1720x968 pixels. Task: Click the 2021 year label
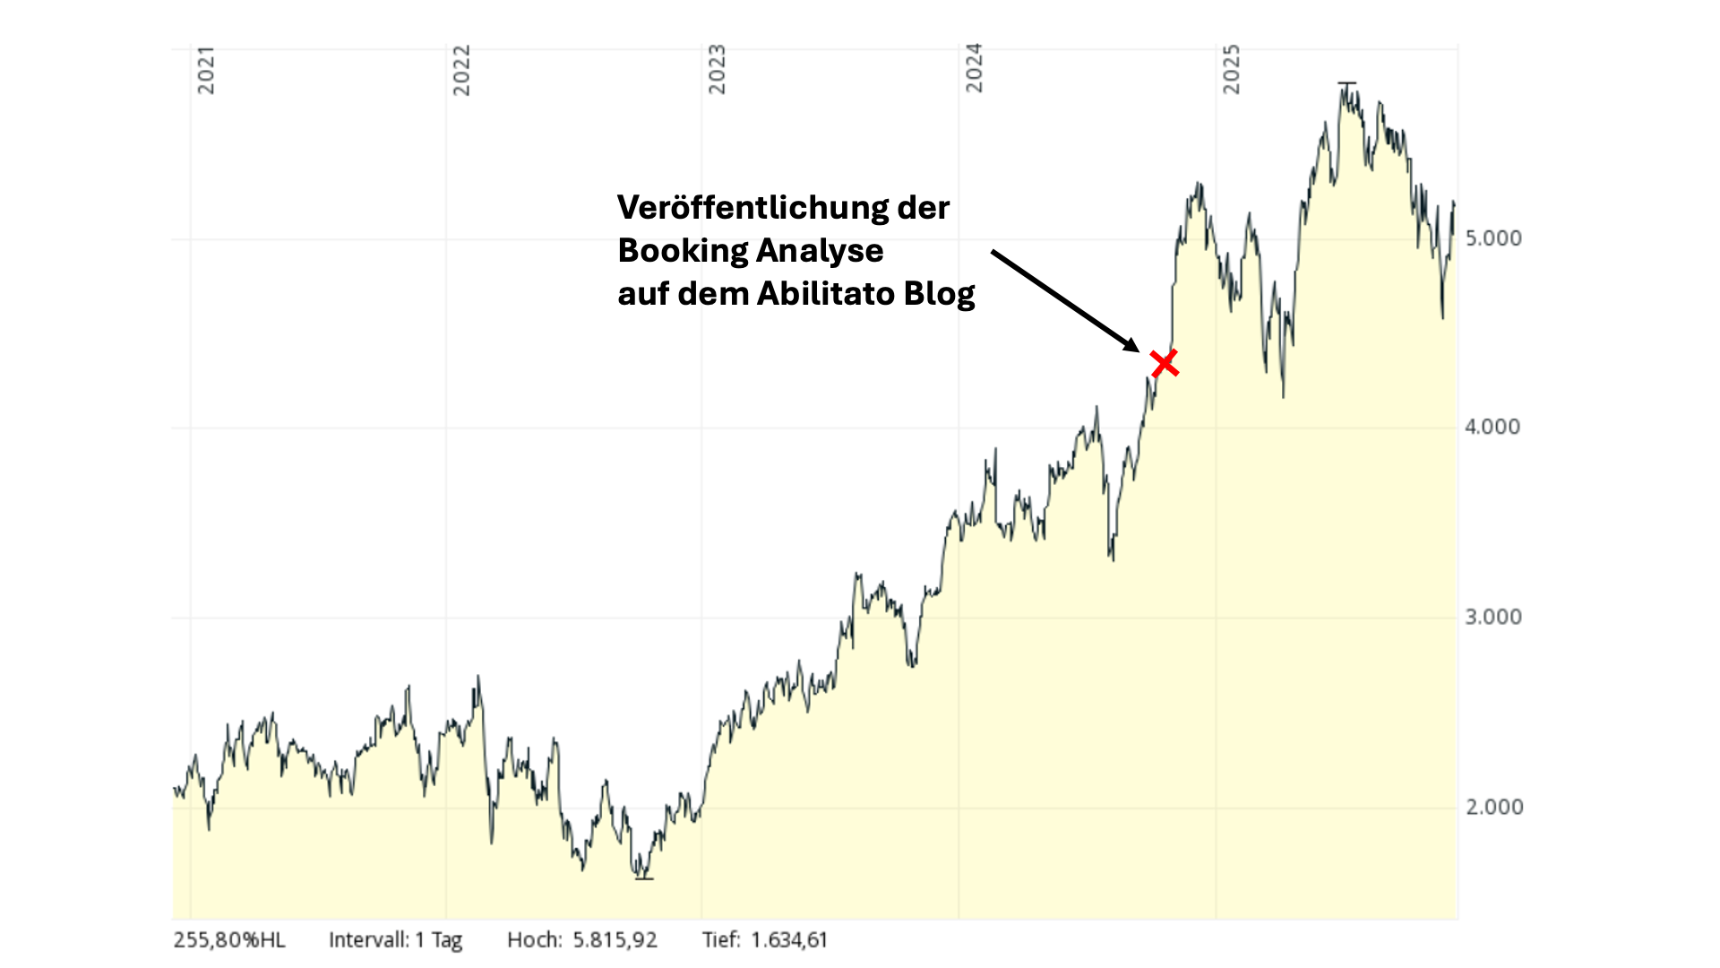click(206, 70)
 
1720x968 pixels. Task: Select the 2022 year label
click(461, 70)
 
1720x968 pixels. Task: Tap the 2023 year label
click(717, 70)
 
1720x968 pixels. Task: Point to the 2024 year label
click(974, 68)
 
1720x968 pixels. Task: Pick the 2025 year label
click(1232, 69)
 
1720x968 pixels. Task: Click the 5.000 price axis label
click(1493, 238)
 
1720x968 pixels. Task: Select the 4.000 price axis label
click(1492, 427)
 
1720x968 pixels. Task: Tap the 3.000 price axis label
click(1493, 618)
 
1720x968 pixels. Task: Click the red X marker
click(1165, 364)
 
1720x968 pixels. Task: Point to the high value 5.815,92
click(615, 940)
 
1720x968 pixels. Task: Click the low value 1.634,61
click(788, 940)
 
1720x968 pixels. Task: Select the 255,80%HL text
click(229, 940)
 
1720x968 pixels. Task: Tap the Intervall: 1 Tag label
click(395, 940)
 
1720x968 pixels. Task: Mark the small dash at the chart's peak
click(1347, 83)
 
